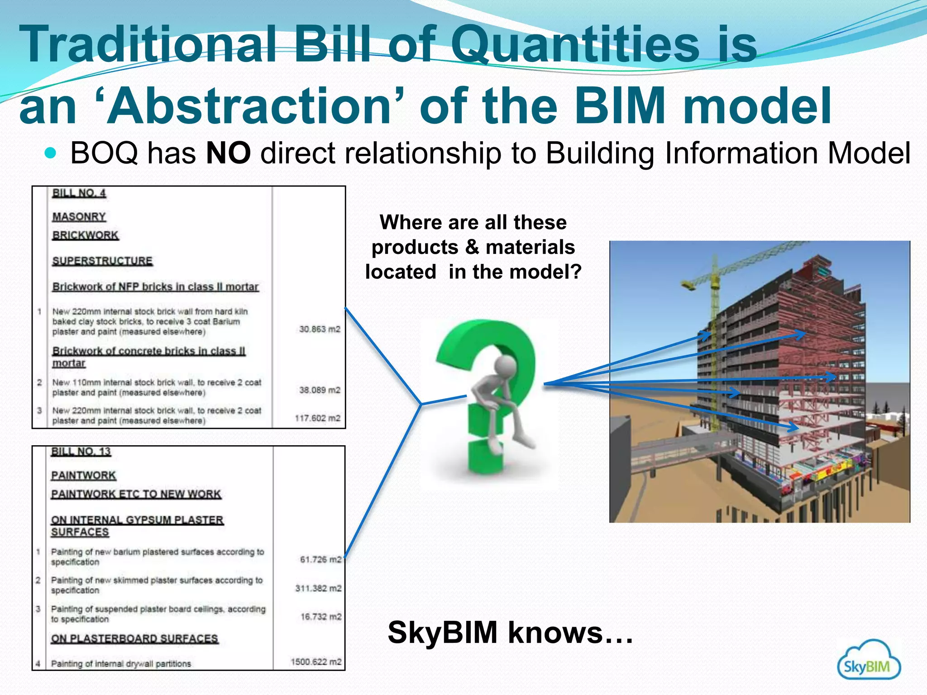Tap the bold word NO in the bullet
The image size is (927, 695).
coord(228,153)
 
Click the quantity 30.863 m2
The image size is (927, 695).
coord(319,329)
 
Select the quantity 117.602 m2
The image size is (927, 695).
coord(317,418)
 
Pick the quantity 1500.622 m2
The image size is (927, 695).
coord(316,662)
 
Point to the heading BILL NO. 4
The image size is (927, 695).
coord(79,193)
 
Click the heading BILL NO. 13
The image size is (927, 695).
coord(81,452)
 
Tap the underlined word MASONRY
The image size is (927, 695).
coord(79,217)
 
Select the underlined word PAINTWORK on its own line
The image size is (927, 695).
coord(84,476)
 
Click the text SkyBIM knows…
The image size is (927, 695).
coord(510,632)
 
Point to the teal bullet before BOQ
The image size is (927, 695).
coord(51,153)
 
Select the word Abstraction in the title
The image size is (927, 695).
coord(249,106)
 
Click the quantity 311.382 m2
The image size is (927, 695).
coord(318,588)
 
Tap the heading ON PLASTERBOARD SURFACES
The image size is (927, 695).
coord(134,638)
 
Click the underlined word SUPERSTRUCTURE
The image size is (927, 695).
coord(102,261)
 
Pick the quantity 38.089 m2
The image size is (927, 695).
coord(319,390)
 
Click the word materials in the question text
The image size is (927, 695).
coord(530,247)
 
